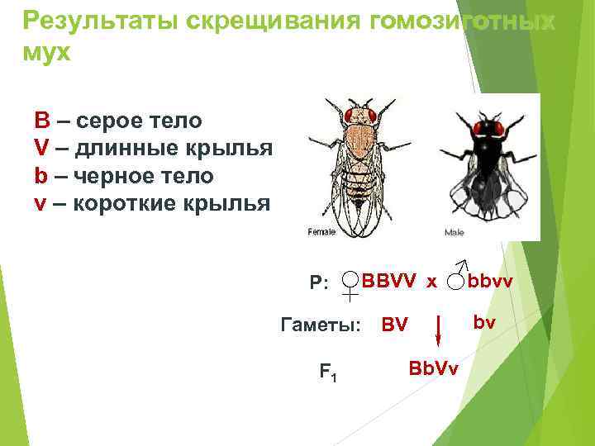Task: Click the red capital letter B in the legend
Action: click(x=41, y=121)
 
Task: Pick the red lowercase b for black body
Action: click(x=40, y=175)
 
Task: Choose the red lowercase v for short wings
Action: click(x=40, y=203)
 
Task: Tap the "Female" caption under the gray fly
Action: click(x=321, y=232)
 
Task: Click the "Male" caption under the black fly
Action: click(x=455, y=233)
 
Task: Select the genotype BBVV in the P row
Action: click(x=390, y=281)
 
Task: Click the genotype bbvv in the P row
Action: click(x=491, y=281)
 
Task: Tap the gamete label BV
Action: click(x=394, y=325)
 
